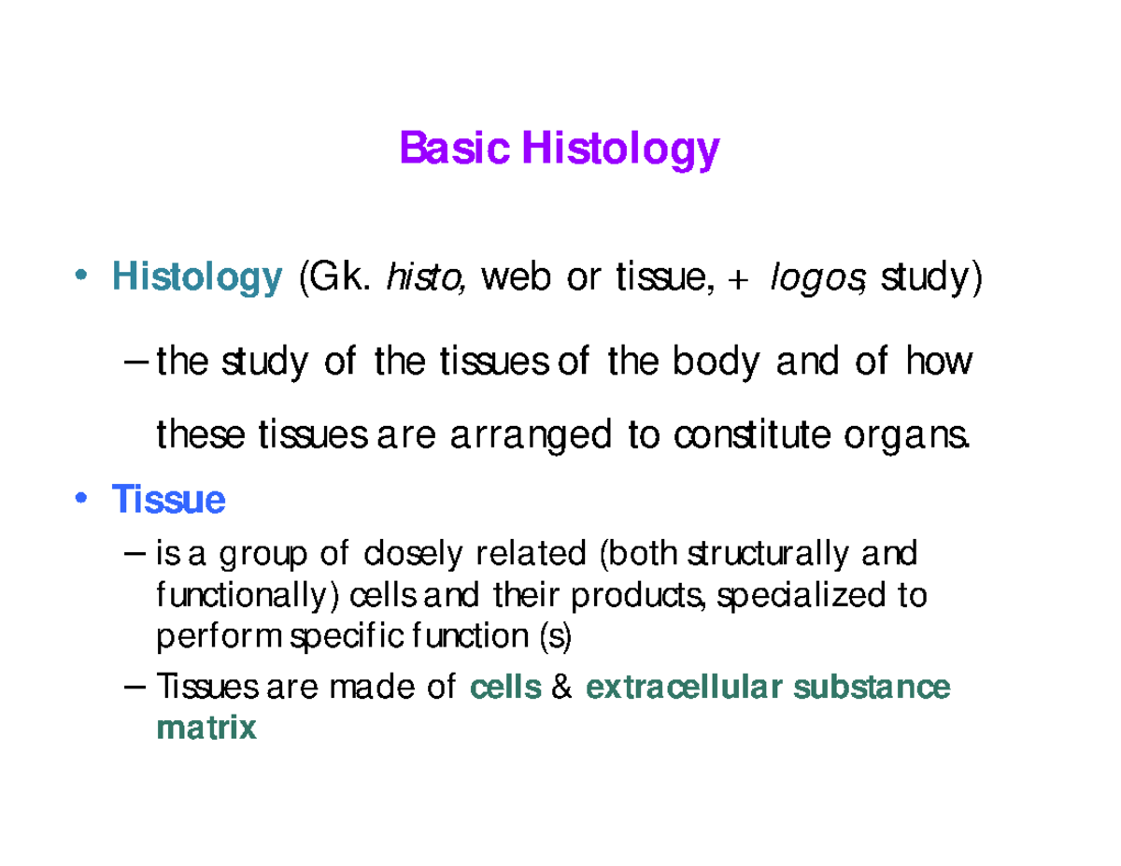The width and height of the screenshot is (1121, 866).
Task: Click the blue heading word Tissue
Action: pos(168,502)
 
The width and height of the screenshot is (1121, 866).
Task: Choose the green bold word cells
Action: pos(505,689)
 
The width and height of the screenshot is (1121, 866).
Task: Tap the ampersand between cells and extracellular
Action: pos(561,689)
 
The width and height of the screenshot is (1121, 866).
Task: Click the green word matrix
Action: pos(206,728)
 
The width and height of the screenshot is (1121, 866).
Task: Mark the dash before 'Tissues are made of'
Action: pos(135,688)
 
